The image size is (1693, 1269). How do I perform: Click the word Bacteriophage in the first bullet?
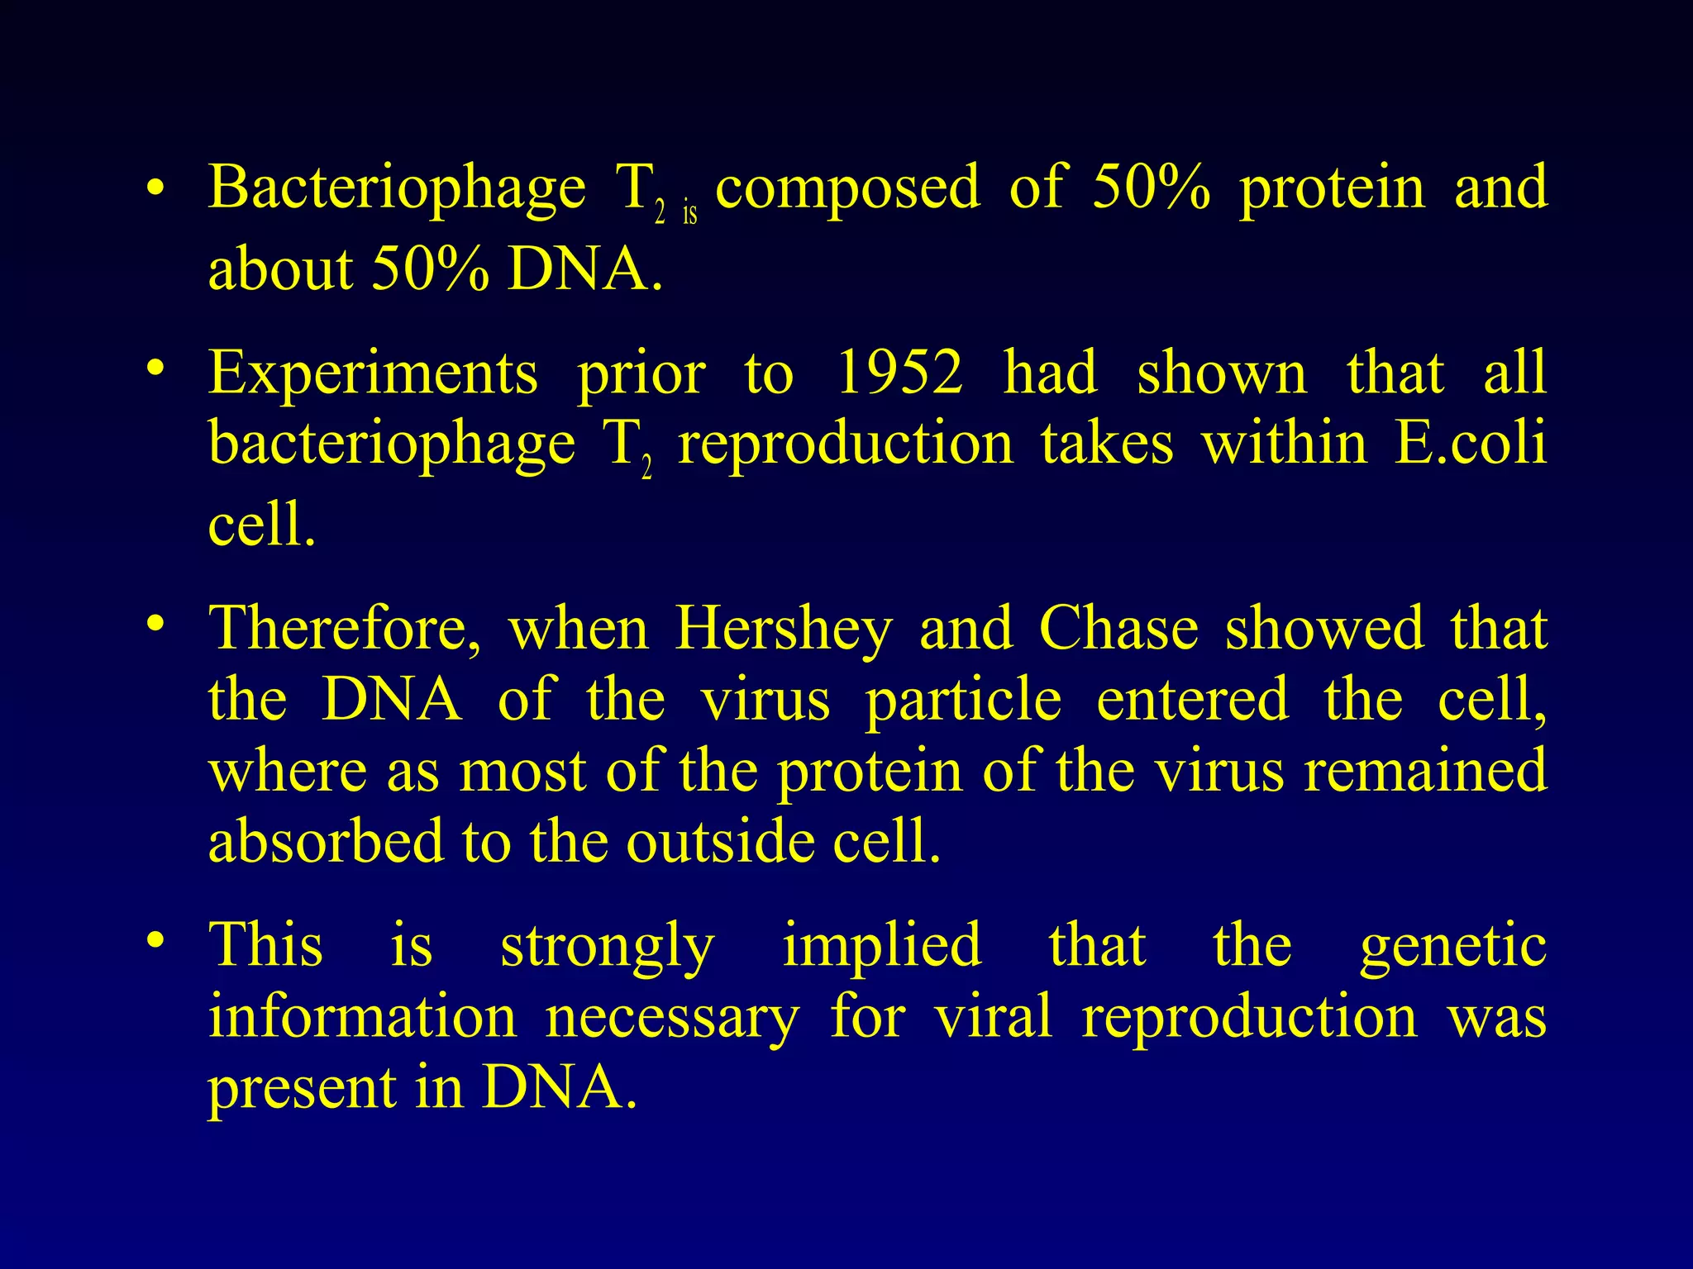coord(397,189)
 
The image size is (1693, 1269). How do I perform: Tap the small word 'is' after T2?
coord(689,214)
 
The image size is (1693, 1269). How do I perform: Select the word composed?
coord(847,189)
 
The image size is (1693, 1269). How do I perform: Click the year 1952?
coord(899,373)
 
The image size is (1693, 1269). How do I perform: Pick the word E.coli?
coord(1470,444)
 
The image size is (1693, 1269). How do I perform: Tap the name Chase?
coord(1118,628)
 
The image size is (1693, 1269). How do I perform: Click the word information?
coord(362,1016)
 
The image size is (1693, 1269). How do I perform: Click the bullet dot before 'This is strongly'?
coord(154,941)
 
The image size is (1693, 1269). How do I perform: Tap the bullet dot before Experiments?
coord(154,368)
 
